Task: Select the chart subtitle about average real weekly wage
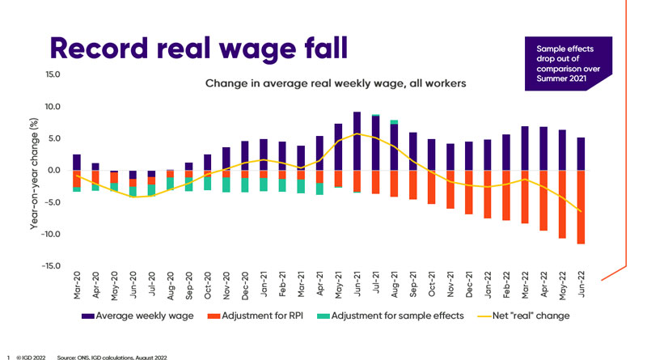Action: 336,83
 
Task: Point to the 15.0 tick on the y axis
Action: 51,75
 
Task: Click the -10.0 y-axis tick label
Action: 49,235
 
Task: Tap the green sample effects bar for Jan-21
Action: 264,184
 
